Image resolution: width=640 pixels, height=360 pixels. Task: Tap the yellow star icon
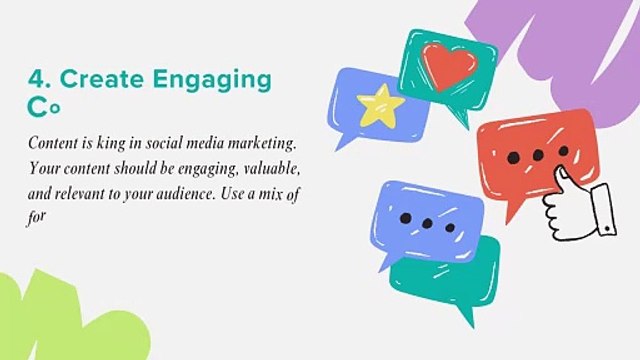(x=379, y=105)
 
